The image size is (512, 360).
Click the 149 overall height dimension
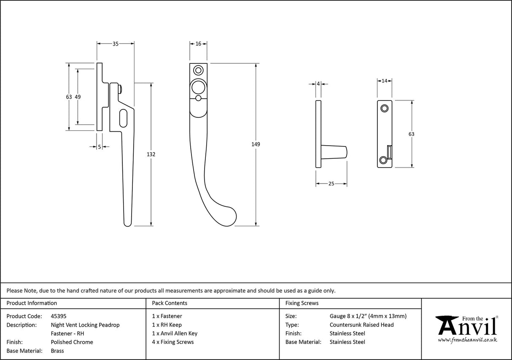point(256,144)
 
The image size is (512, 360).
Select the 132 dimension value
point(151,154)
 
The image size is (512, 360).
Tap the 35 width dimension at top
point(116,43)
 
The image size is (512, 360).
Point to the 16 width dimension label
point(198,43)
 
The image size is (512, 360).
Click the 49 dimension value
point(78,97)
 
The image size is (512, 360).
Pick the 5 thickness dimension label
point(99,147)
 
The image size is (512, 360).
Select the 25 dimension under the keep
point(331,184)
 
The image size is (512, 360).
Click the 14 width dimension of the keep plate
point(385,81)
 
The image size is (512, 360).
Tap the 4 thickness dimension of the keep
point(318,84)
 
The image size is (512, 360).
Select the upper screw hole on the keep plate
point(384,108)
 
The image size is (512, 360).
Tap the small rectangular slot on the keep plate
point(389,152)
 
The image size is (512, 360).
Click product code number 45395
point(58,316)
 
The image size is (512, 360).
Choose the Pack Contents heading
point(170,303)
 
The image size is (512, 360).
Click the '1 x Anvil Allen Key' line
point(175,333)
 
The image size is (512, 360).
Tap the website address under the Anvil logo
point(467,340)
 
